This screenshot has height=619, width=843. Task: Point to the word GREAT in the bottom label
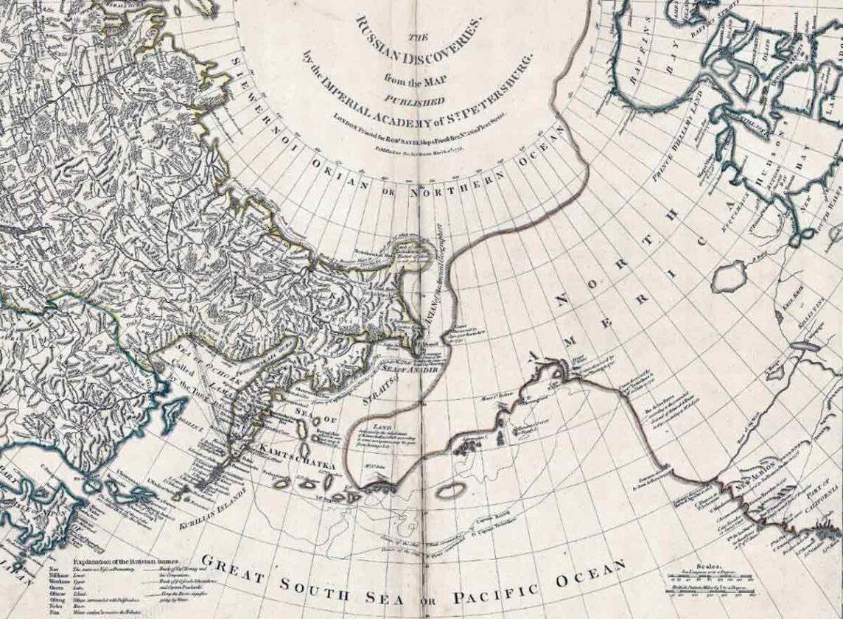(235, 567)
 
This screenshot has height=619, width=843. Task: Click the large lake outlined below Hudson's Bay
(730, 276)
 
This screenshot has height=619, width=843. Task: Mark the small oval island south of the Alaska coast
(446, 491)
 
